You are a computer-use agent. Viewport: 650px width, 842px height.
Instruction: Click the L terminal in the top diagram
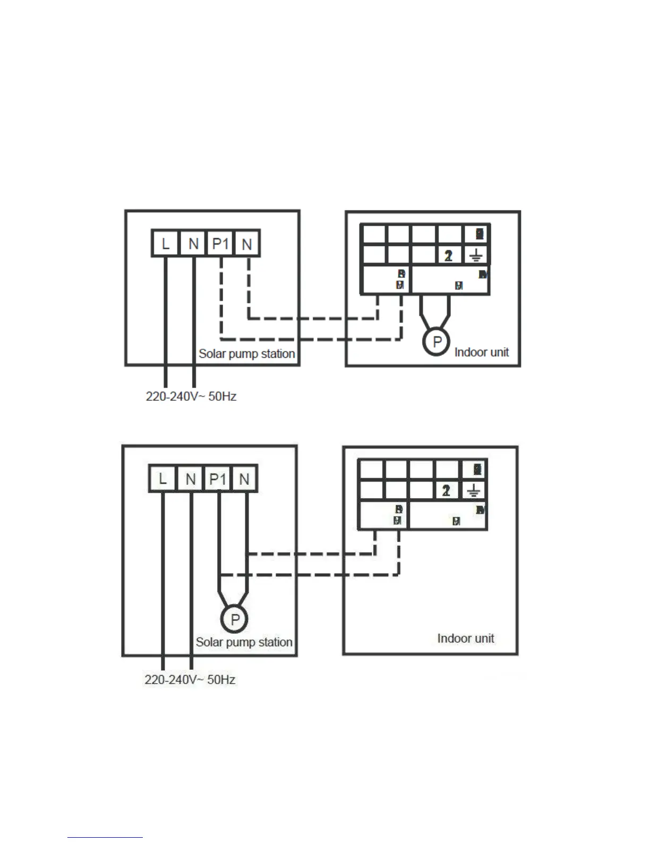(165, 244)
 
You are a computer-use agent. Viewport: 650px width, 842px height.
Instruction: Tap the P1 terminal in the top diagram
(220, 244)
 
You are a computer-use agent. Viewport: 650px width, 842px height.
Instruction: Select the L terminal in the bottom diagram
(162, 479)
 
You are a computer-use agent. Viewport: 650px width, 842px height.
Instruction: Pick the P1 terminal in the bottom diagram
(217, 479)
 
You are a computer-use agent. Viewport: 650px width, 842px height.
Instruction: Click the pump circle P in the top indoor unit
(437, 342)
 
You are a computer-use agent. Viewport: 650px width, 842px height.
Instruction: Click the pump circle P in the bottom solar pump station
(234, 619)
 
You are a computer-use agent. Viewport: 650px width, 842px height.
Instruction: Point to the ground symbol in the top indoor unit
(476, 256)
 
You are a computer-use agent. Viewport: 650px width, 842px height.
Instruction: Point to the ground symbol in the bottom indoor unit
(474, 491)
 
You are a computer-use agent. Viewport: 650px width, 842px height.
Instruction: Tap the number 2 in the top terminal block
(449, 256)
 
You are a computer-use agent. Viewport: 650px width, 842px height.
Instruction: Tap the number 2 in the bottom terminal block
(446, 491)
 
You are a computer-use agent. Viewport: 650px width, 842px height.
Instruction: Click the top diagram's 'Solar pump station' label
(246, 353)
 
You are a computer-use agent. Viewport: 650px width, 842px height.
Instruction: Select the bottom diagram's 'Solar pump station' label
(244, 642)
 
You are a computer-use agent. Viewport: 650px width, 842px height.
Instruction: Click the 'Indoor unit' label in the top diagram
(481, 352)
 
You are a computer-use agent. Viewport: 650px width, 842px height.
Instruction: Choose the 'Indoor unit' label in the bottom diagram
(465, 638)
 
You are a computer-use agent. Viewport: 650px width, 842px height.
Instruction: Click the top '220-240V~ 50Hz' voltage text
(191, 396)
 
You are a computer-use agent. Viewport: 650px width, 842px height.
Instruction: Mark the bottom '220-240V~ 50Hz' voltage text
(190, 679)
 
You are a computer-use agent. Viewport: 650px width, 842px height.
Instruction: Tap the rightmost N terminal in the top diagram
(247, 244)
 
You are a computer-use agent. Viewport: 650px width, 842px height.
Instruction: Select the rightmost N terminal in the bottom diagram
(244, 479)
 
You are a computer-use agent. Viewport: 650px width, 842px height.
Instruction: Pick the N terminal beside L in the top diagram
(193, 244)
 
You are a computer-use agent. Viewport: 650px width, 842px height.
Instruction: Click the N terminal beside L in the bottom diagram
(190, 479)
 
